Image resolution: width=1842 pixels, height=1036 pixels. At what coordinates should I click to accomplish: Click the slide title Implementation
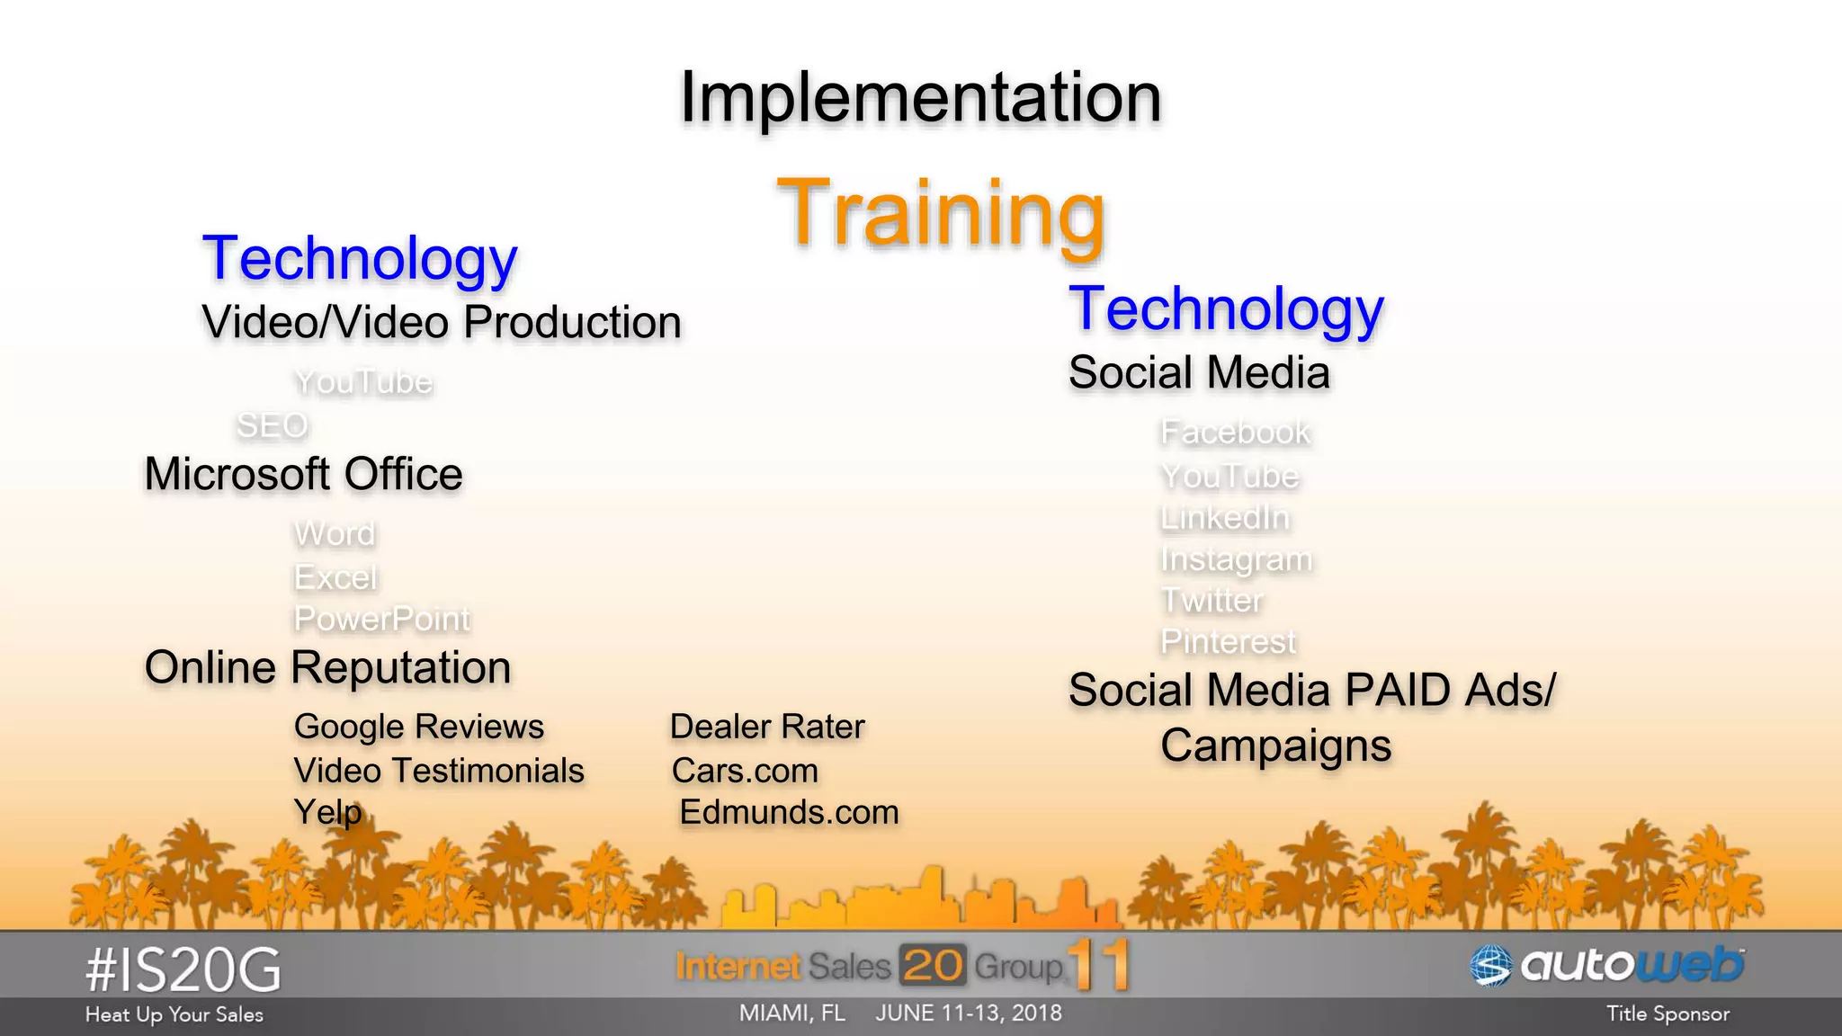point(919,97)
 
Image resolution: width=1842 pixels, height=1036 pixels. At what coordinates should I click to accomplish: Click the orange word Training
point(941,213)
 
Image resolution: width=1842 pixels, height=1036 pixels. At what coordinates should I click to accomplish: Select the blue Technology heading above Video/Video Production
point(360,259)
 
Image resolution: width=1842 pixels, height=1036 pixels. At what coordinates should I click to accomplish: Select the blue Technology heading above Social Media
point(1226,309)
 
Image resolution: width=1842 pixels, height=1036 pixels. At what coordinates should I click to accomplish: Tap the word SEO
point(272,425)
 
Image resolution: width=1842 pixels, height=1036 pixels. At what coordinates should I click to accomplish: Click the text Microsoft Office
point(303,474)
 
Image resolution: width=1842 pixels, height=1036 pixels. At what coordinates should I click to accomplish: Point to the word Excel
point(335,577)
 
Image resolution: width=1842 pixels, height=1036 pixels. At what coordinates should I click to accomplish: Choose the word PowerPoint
point(381,619)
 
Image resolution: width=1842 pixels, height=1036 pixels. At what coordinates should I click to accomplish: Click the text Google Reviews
point(418,727)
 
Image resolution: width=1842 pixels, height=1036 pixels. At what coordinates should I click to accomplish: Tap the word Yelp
point(327,812)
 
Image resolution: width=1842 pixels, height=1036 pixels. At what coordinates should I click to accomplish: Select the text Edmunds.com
point(789,812)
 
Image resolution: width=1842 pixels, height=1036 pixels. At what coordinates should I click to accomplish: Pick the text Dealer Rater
point(766,727)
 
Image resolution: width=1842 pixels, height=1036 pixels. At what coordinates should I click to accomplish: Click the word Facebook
point(1235,433)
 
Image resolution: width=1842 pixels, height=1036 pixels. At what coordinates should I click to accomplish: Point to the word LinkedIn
point(1225,518)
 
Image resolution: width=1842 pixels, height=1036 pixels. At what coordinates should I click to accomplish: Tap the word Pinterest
point(1228,642)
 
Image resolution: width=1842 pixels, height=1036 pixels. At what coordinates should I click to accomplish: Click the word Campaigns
point(1275,746)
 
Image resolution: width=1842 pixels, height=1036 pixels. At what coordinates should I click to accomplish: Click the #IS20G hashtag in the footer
point(183,971)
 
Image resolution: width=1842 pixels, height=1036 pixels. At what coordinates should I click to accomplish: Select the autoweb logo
point(1606,966)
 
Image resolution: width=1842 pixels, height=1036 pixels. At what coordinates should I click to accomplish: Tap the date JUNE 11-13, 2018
point(969,1014)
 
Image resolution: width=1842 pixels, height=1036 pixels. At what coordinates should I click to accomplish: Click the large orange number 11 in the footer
point(1099,966)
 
